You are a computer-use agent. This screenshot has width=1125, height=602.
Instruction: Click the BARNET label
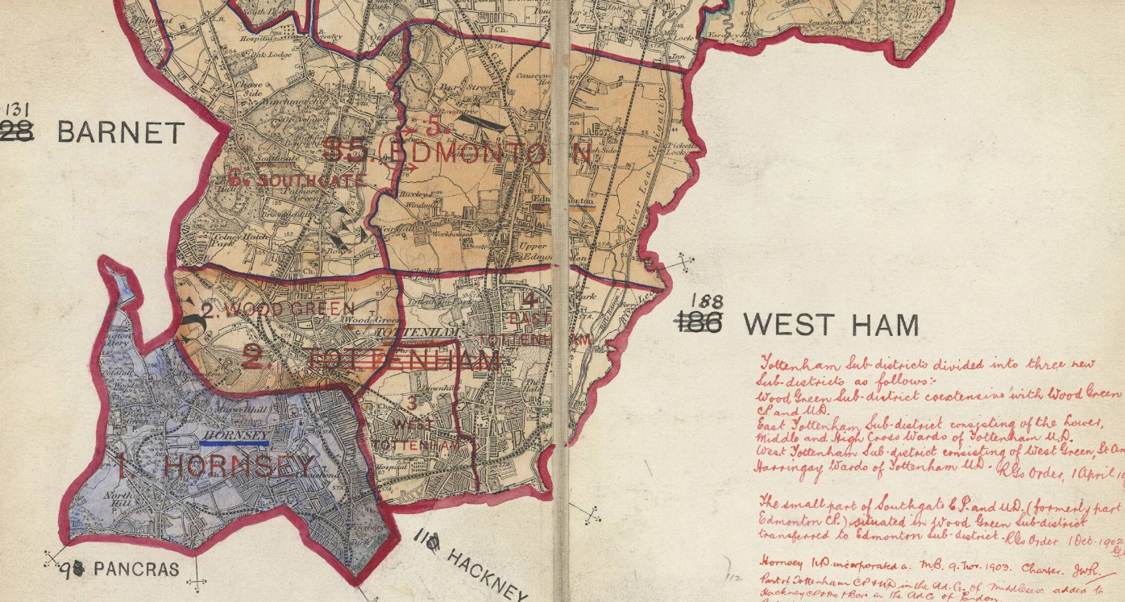click(x=121, y=131)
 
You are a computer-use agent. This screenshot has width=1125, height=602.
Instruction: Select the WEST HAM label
click(x=830, y=325)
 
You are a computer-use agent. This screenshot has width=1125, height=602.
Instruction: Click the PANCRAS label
click(x=136, y=569)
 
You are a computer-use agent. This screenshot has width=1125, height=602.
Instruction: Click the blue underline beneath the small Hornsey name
click(x=235, y=442)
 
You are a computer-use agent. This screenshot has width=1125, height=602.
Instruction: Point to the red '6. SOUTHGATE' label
click(x=297, y=180)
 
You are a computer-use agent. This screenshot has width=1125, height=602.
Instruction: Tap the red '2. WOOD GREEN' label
click(x=277, y=309)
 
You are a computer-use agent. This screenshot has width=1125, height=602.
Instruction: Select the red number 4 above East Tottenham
click(x=529, y=301)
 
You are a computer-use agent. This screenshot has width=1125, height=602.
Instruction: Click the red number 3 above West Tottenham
click(x=412, y=403)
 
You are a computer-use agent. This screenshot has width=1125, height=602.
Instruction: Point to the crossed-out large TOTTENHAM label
click(x=403, y=360)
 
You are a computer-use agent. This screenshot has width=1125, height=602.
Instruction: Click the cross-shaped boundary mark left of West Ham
click(x=685, y=262)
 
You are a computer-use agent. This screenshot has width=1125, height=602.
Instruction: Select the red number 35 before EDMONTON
click(x=344, y=149)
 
